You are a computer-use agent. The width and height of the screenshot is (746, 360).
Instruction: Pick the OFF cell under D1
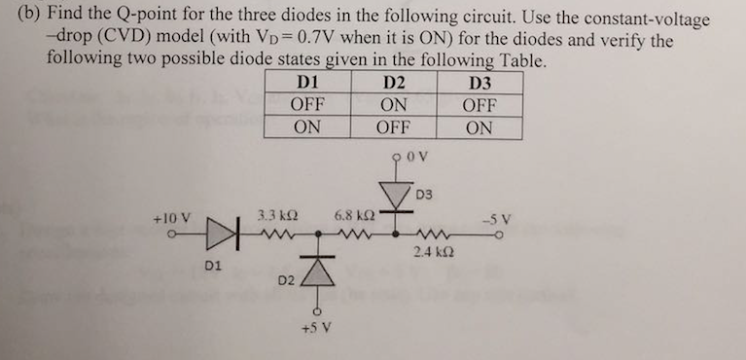pyautogui.click(x=306, y=104)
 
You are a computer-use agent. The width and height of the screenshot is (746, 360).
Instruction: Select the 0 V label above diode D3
pyautogui.click(x=414, y=155)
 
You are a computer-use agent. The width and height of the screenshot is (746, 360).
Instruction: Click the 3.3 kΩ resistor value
pyautogui.click(x=271, y=214)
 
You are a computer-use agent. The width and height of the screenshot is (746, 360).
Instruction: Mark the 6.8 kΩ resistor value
pyautogui.click(x=350, y=214)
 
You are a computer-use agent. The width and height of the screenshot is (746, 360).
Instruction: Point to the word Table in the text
pyautogui.click(x=524, y=58)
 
